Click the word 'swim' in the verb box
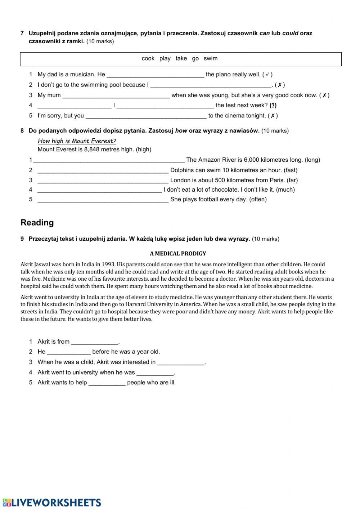[211, 58]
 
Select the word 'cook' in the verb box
[148, 58]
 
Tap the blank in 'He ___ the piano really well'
[156, 75]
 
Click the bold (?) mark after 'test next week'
[273, 105]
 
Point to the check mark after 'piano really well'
[267, 75]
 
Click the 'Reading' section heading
[37, 223]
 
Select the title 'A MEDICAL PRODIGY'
[178, 254]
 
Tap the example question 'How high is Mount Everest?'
[77, 141]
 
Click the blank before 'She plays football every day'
[103, 200]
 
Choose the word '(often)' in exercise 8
[258, 199]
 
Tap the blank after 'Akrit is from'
[95, 342]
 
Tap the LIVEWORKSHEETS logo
[51, 503]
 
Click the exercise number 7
[22, 33]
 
